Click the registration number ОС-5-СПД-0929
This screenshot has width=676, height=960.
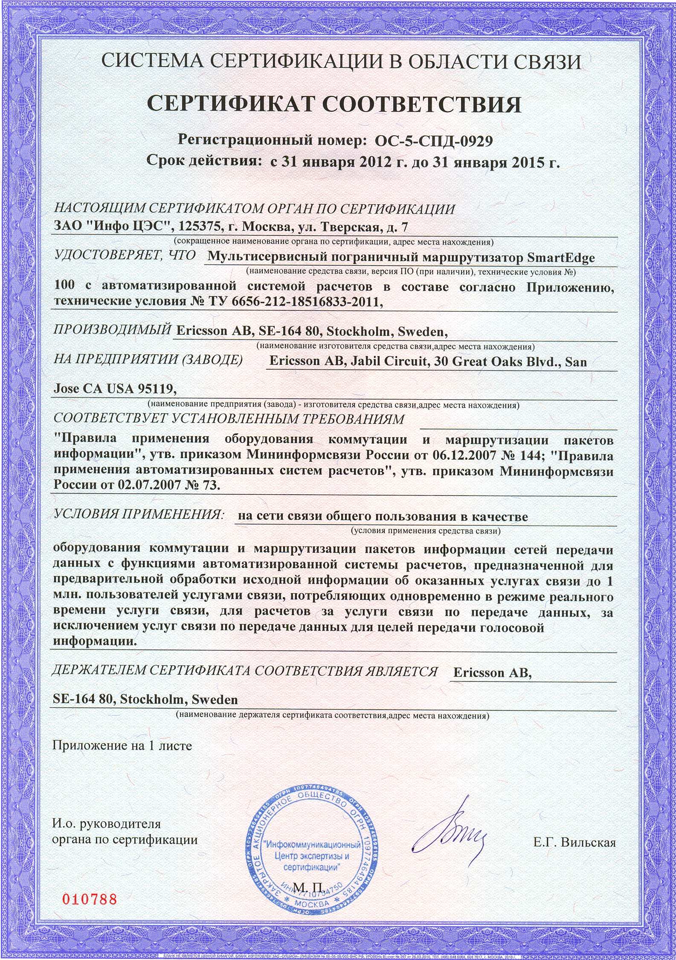pos(433,141)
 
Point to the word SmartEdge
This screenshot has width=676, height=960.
pos(561,258)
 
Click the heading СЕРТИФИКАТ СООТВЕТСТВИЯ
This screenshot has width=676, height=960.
pos(334,105)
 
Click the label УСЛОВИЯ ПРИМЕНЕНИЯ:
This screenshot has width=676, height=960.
pos(139,514)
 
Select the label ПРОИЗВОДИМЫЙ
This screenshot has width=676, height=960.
pos(112,330)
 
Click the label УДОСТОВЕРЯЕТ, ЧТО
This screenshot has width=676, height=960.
pos(125,255)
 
